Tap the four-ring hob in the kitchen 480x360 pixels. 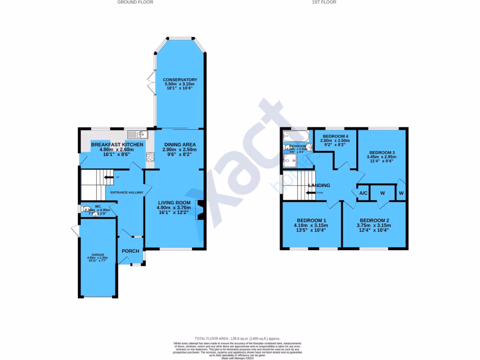pos(150,157)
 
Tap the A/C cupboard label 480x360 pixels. pos(363,193)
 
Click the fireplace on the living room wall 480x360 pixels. pos(200,210)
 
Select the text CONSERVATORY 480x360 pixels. pos(180,80)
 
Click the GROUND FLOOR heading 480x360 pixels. pos(135,2)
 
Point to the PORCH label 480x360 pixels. pos(130,251)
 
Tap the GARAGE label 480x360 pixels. pos(97,255)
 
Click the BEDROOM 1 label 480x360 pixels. pos(311,220)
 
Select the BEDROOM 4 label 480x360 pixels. pos(335,136)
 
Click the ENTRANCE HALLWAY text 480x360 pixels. pos(127,192)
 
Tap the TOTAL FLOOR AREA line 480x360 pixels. pos(237,338)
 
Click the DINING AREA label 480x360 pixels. pos(180,144)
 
